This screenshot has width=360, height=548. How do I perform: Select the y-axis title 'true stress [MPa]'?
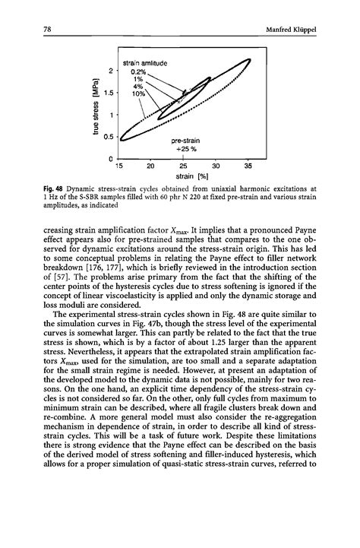(x=93, y=105)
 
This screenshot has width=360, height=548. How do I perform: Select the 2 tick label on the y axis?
(x=111, y=71)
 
